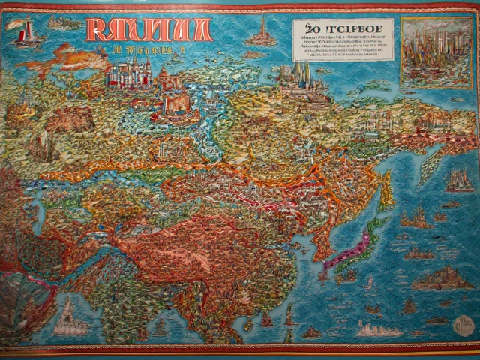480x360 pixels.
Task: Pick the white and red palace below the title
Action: (x=130, y=74)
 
